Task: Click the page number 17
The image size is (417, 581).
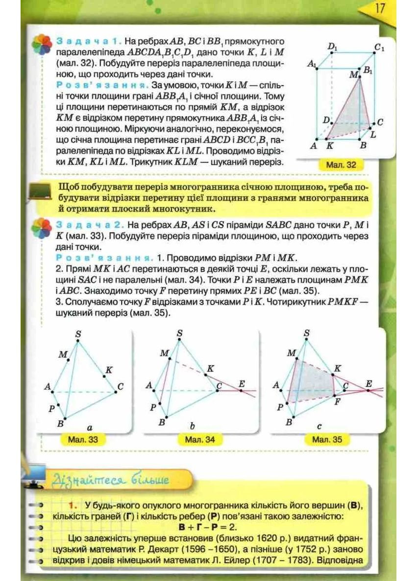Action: point(380,9)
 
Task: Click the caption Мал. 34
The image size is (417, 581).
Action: point(200,440)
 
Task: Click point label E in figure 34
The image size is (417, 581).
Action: point(241,383)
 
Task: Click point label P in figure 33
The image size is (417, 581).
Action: point(51,407)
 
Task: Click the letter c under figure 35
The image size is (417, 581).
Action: point(319,427)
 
